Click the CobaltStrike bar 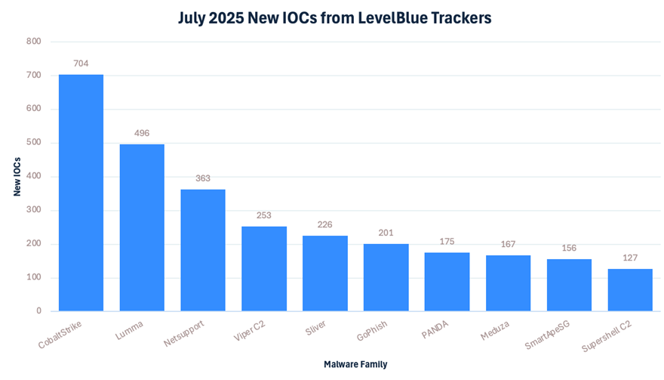point(81,193)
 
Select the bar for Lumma point(142,227)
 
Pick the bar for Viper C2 point(264,268)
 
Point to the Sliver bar point(325,273)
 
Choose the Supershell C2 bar point(630,290)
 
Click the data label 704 point(81,63)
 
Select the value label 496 point(142,133)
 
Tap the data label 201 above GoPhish point(386,233)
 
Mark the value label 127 point(630,258)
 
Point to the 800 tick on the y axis point(33,42)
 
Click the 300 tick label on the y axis point(33,210)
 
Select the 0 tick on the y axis point(38,311)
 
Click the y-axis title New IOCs point(17,176)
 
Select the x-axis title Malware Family point(355,364)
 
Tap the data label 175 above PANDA point(447,241)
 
